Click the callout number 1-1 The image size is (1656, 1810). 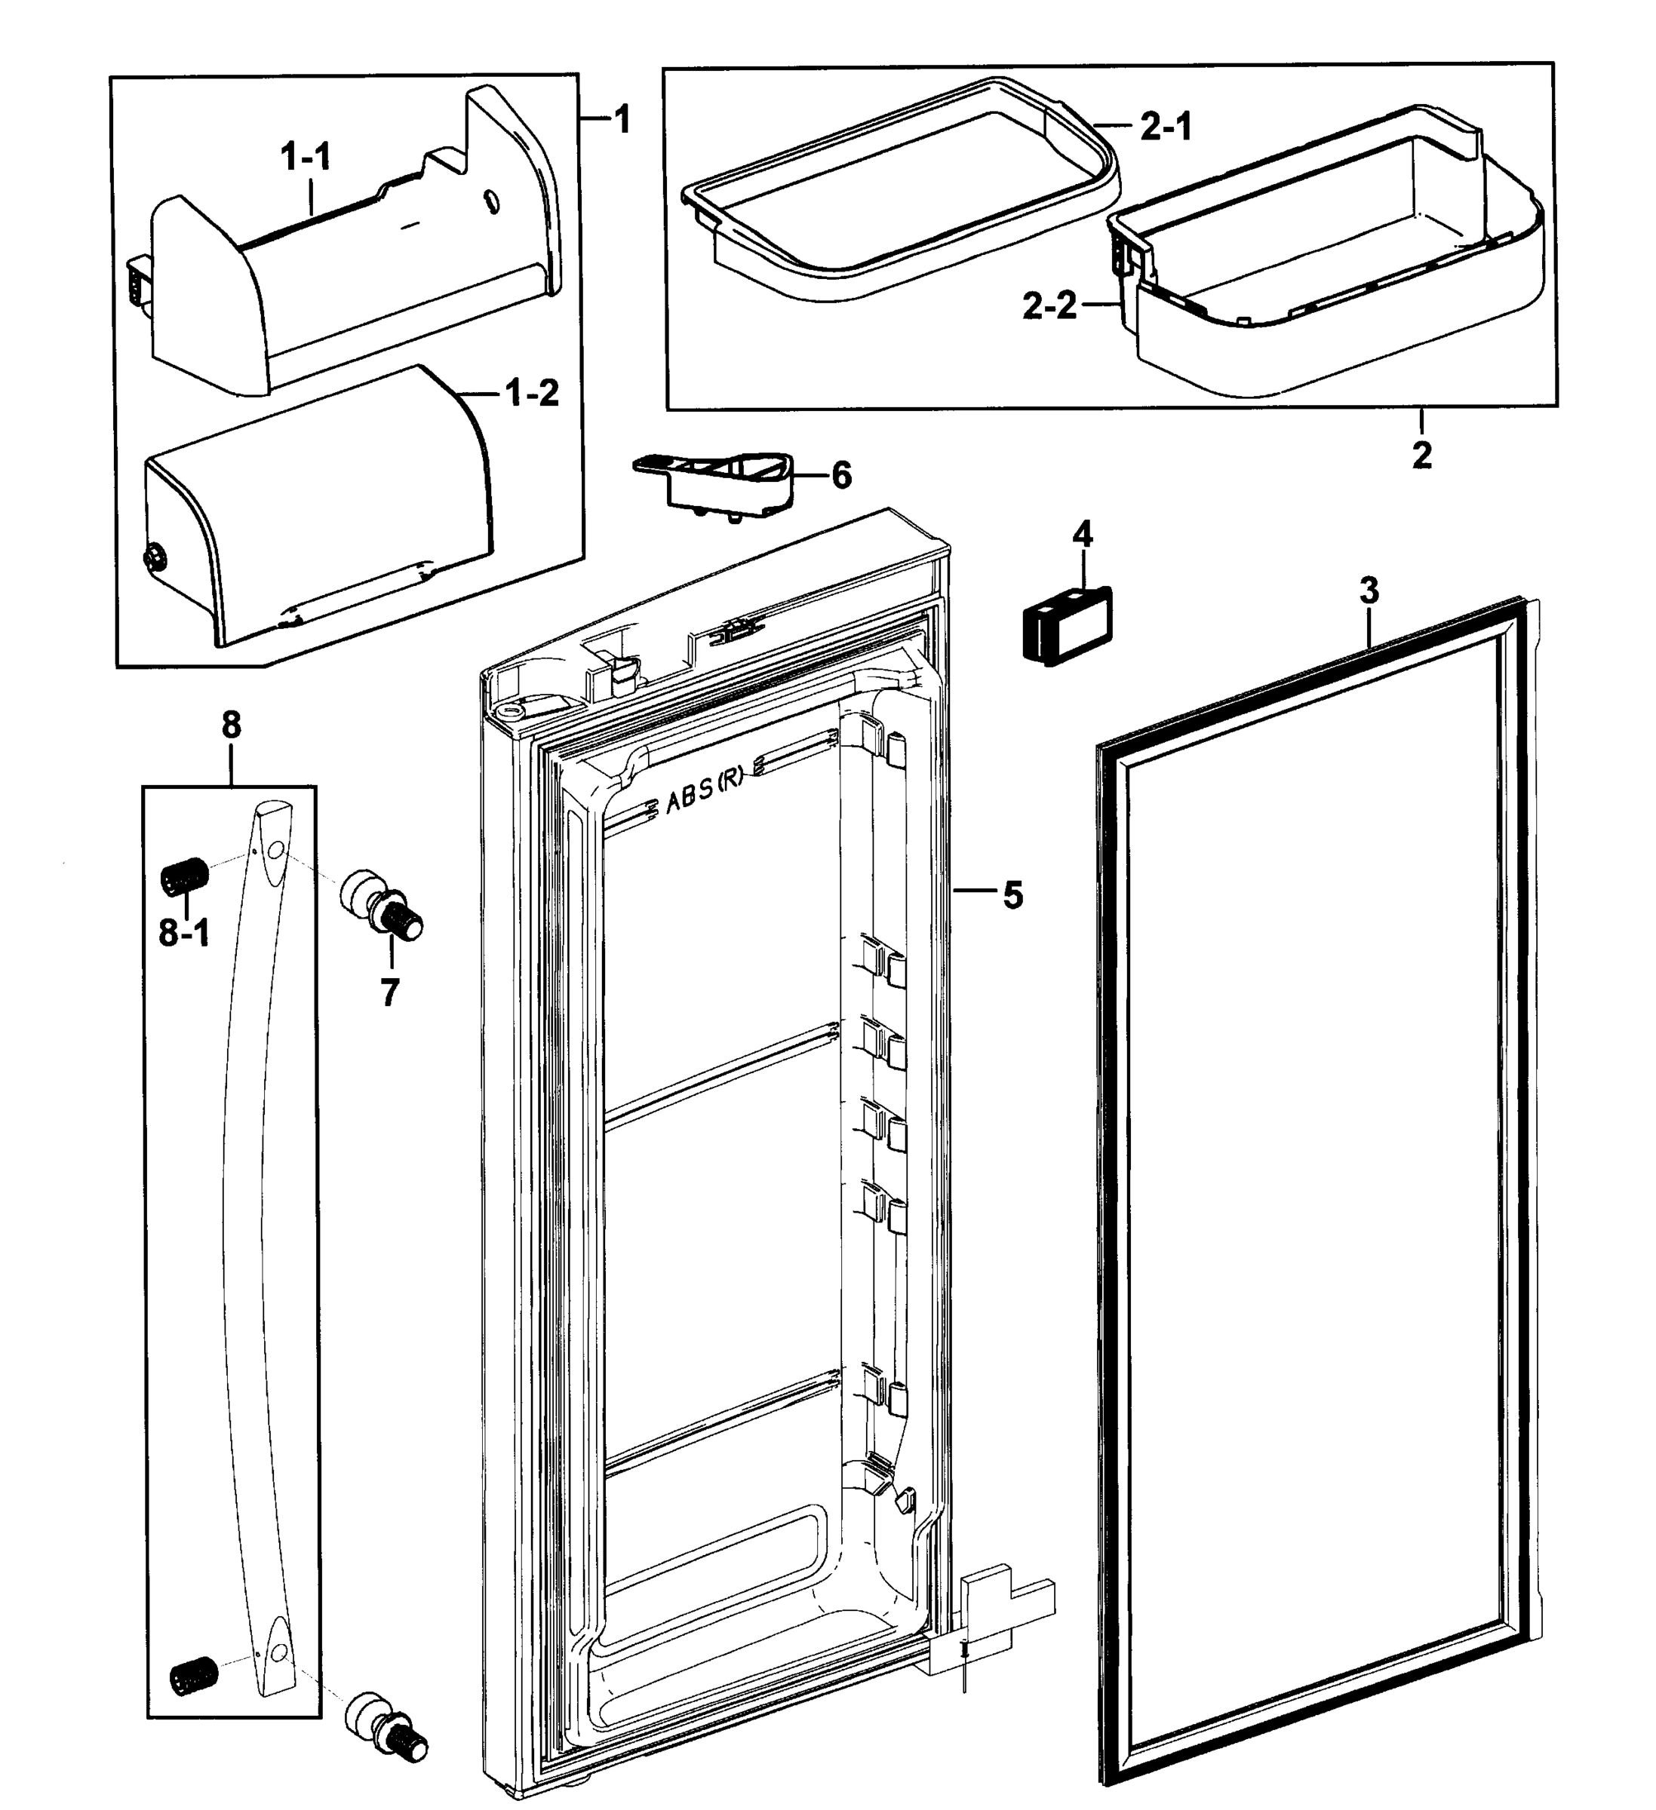[x=306, y=158]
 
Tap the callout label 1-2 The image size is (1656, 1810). [x=533, y=393]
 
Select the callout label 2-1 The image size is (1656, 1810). [x=1166, y=127]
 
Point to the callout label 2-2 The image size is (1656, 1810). [x=1049, y=307]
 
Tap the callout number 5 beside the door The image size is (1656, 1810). [x=1012, y=895]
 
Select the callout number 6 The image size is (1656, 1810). [x=840, y=476]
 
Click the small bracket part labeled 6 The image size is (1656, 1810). [x=718, y=480]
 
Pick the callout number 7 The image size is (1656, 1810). [x=389, y=993]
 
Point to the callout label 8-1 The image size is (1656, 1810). [x=184, y=934]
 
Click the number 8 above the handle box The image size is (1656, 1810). [x=231, y=725]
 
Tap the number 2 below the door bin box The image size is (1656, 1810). [x=1421, y=456]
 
